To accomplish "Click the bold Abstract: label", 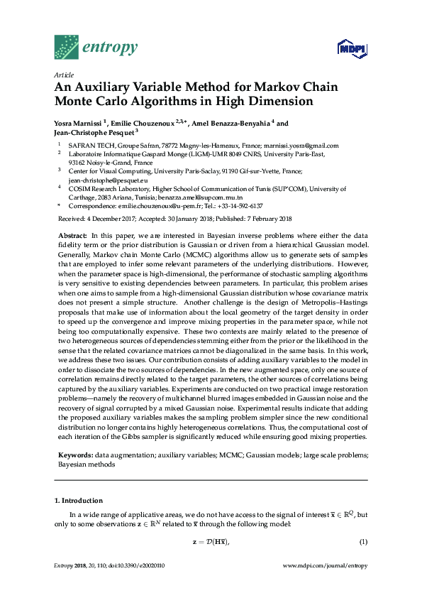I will click(x=72, y=235).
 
